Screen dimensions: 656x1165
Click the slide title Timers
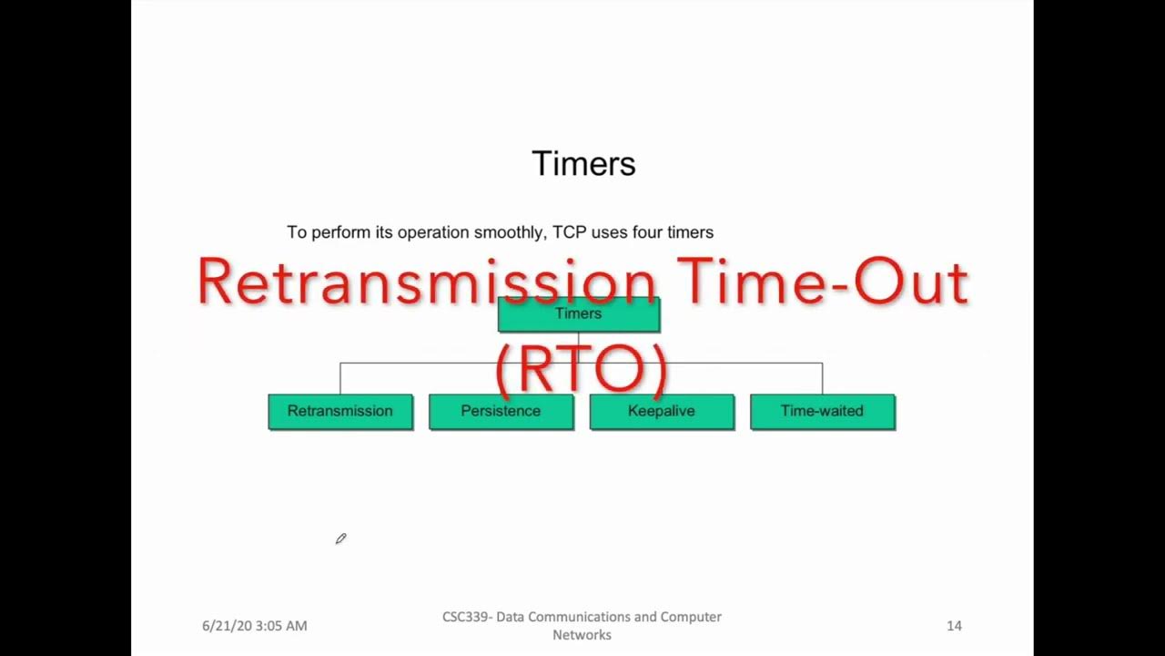(583, 164)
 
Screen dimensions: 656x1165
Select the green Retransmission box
(339, 411)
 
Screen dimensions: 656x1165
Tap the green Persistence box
(501, 411)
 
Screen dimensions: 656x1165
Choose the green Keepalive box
(662, 411)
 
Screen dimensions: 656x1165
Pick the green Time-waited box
(822, 411)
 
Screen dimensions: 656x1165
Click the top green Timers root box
(578, 314)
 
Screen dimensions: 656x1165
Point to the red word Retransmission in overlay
(425, 282)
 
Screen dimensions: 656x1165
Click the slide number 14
(954, 626)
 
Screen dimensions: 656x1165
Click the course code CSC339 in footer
(465, 617)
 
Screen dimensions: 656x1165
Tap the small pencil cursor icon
(340, 539)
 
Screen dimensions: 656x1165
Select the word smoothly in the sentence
(512, 232)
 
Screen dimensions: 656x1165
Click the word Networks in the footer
(582, 634)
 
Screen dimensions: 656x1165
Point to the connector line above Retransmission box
(340, 378)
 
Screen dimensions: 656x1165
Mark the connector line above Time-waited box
(823, 378)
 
